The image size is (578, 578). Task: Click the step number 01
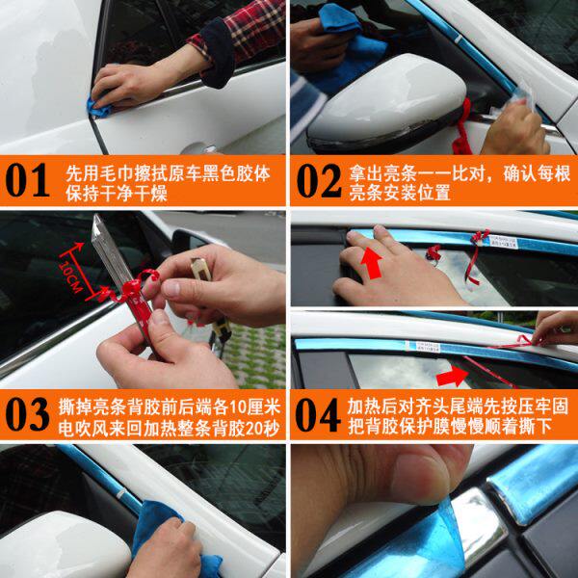point(27,181)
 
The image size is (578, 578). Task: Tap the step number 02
point(319,181)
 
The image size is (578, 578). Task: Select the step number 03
point(27,414)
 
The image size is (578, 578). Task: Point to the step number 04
point(318,414)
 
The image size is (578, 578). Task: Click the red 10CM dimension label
point(71,277)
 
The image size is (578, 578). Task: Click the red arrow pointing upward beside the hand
point(371,263)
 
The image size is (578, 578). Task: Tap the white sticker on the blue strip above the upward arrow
point(503,242)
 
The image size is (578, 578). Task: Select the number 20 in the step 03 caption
point(252,429)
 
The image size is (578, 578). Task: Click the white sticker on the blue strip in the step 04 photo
point(423,347)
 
